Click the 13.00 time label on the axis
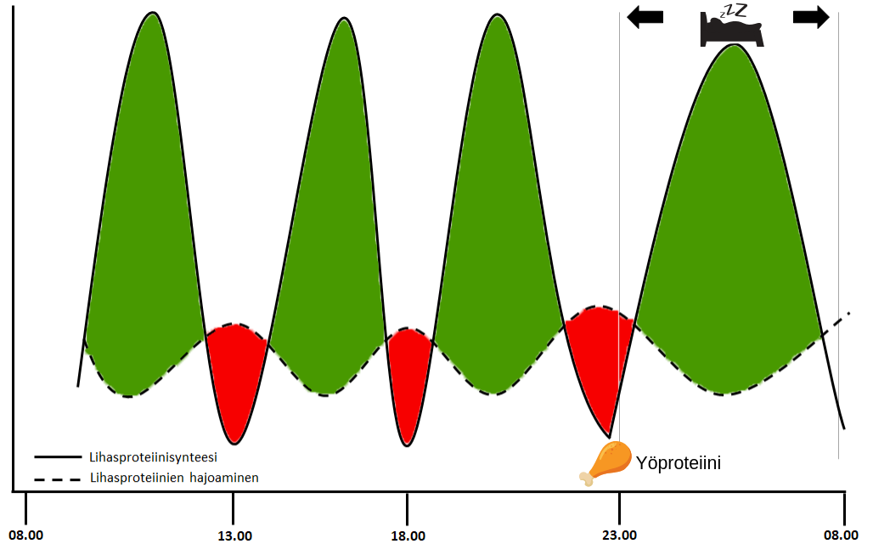(234, 536)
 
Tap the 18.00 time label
(408, 536)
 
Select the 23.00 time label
(619, 536)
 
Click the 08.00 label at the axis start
(25, 536)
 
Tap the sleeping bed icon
(731, 32)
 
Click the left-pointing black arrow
(645, 18)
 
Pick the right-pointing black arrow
(811, 18)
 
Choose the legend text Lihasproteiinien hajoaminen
(173, 478)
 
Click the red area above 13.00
(235, 374)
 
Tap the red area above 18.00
(408, 374)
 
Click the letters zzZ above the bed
(734, 11)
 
